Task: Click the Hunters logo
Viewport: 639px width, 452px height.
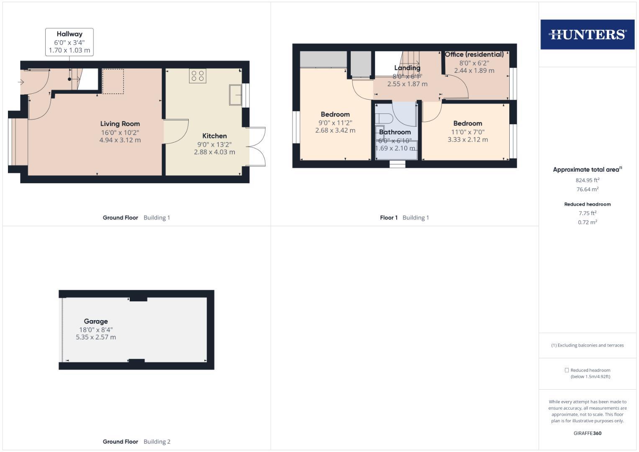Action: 587,34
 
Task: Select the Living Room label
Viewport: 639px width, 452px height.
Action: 120,124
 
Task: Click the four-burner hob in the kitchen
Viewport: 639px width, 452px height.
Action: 198,76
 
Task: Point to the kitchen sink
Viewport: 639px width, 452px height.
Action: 235,95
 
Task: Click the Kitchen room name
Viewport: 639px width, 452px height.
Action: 215,136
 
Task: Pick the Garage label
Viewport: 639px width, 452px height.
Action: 96,321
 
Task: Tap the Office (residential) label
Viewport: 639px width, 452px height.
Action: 474,54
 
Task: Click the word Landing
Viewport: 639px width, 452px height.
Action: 407,68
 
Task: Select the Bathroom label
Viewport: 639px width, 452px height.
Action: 395,132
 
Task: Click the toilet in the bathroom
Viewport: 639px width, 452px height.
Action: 384,118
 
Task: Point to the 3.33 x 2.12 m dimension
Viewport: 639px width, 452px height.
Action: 468,140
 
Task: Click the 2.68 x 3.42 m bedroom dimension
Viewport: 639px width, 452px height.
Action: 335,131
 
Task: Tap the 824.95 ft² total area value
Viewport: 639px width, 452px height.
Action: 588,180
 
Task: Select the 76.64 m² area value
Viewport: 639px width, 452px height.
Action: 588,190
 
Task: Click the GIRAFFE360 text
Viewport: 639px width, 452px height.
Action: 588,434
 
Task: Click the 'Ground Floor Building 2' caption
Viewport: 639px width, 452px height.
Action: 136,442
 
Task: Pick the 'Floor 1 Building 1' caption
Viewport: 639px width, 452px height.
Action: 404,218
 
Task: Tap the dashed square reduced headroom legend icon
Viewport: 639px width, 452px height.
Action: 567,370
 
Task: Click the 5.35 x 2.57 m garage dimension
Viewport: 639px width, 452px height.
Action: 96,337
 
